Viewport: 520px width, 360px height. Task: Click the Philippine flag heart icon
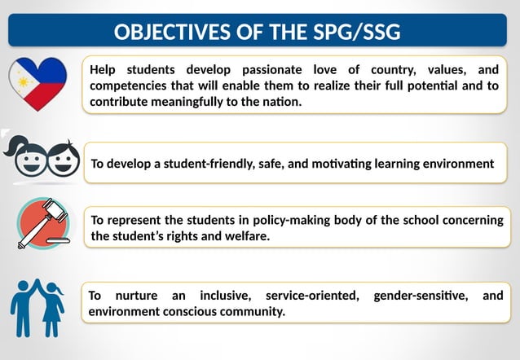pos(37,84)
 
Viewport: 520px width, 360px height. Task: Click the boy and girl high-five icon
pos(37,305)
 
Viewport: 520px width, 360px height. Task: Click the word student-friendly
pos(208,164)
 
